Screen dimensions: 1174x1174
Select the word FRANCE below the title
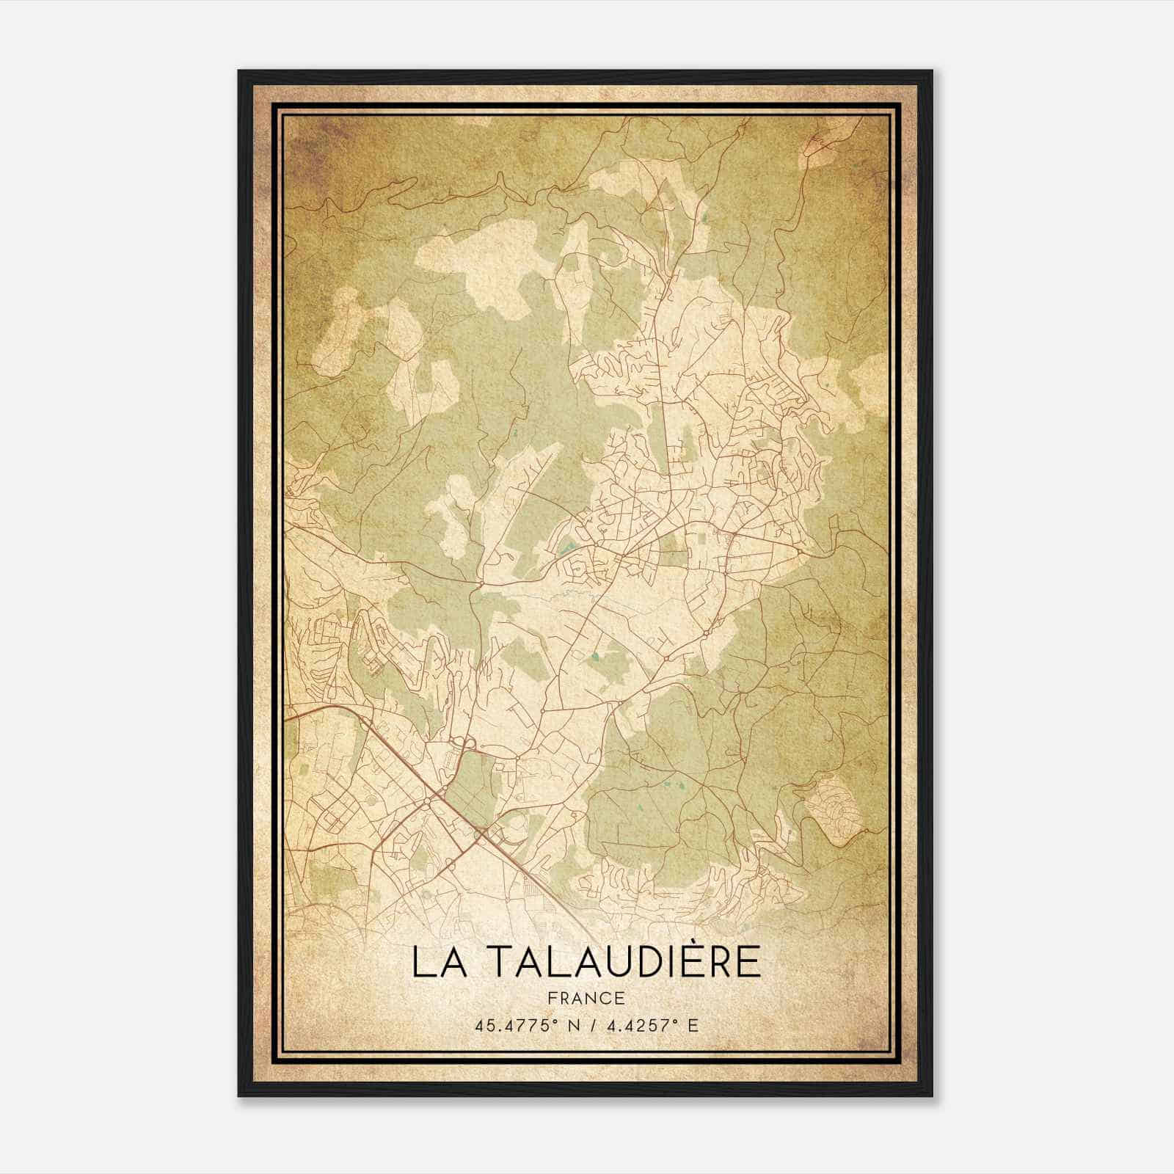[x=587, y=998]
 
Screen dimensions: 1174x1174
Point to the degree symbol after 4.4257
[x=676, y=1021]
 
